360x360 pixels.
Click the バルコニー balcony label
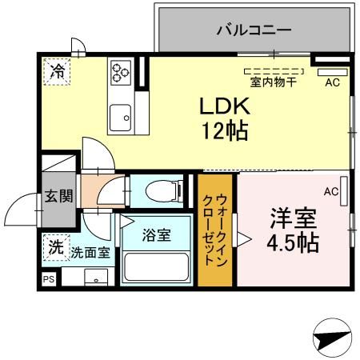coord(254,31)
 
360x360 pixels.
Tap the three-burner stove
coord(120,72)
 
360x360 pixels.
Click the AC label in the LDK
coord(331,82)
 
